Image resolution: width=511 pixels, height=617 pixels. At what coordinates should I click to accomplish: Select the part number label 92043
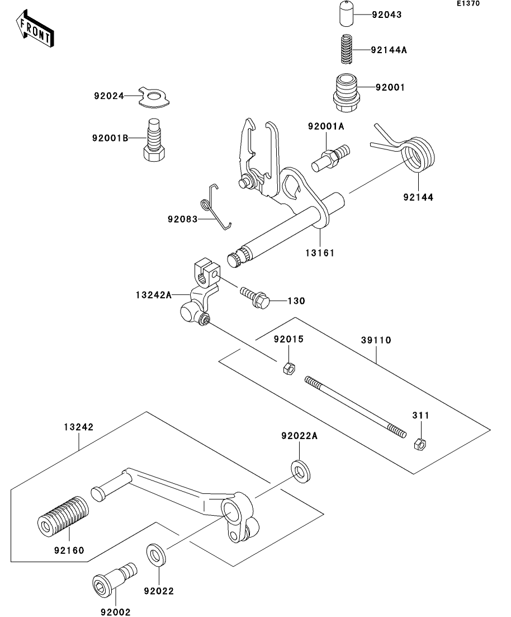click(386, 15)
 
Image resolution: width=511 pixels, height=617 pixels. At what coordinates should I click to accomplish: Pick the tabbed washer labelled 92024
click(153, 97)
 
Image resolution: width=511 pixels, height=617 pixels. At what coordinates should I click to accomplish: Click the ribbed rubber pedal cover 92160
click(63, 515)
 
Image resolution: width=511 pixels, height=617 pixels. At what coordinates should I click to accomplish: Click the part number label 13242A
click(154, 294)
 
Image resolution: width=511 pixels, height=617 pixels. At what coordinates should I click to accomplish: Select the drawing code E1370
click(467, 3)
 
